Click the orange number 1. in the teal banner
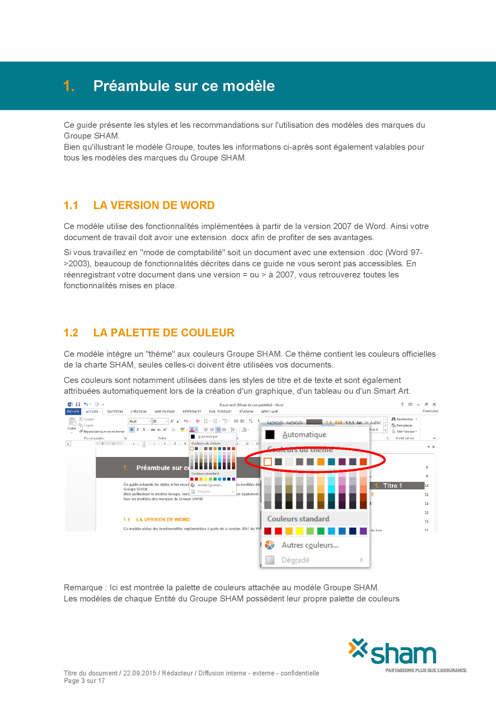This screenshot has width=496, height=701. tap(69, 86)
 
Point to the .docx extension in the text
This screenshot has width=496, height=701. tap(239, 237)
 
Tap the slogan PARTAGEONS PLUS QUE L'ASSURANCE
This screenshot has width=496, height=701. tap(426, 671)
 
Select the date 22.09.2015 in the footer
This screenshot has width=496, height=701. tap(140, 673)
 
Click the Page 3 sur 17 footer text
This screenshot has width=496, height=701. tap(84, 681)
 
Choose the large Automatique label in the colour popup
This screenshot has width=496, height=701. tap(304, 435)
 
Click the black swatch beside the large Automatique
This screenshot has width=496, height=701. tap(270, 435)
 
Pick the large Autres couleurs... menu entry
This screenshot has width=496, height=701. tap(310, 545)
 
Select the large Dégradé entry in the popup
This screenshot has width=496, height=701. tap(296, 560)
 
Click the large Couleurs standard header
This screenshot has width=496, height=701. tap(298, 519)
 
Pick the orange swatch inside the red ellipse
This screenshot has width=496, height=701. tap(321, 462)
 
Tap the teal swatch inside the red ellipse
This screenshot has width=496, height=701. tap(332, 462)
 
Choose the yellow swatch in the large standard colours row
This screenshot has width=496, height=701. tap(299, 531)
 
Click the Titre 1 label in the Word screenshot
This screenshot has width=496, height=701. tap(392, 486)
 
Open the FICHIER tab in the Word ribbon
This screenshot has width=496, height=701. tap(73, 412)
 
